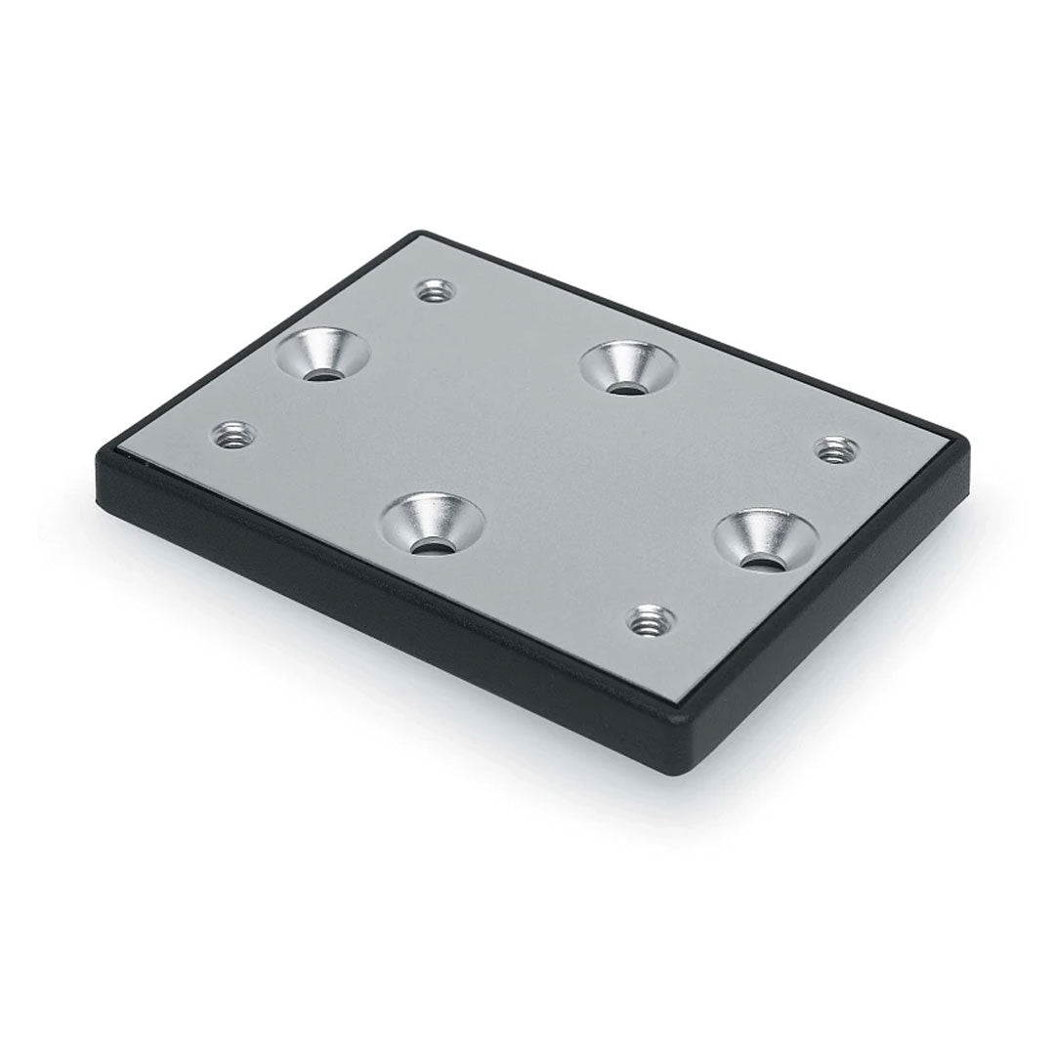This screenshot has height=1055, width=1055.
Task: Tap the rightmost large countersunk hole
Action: pos(766,538)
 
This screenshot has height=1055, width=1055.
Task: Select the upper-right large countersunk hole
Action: pos(628,367)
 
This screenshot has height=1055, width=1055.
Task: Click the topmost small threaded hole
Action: pos(430,290)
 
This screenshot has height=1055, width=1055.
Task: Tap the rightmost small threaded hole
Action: pos(833,450)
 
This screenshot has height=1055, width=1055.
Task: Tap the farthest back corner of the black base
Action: pos(422,234)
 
